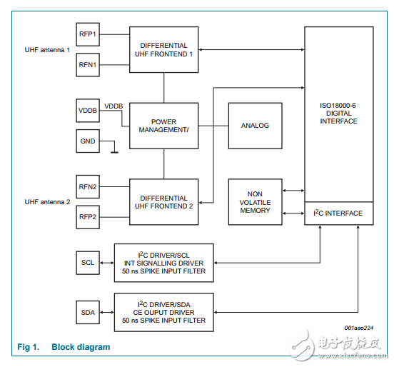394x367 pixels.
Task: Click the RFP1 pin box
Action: click(x=89, y=34)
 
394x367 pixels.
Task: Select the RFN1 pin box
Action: click(x=89, y=65)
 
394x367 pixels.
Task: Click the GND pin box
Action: click(x=89, y=141)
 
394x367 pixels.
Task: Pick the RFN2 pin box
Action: click(x=89, y=186)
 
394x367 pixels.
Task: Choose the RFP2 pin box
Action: click(x=89, y=217)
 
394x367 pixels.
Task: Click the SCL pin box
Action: click(x=89, y=262)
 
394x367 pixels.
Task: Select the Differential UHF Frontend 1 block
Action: click(x=163, y=49)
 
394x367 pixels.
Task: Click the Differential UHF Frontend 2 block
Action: click(x=163, y=202)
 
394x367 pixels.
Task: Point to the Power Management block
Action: click(x=163, y=126)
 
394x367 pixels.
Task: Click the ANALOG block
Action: click(x=255, y=126)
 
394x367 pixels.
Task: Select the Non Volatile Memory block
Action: click(x=255, y=202)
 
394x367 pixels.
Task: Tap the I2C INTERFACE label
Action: click(x=338, y=213)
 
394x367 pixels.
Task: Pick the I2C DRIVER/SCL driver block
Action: click(x=163, y=262)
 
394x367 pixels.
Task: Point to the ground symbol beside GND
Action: click(x=113, y=151)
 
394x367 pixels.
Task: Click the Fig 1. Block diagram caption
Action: click(x=64, y=347)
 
